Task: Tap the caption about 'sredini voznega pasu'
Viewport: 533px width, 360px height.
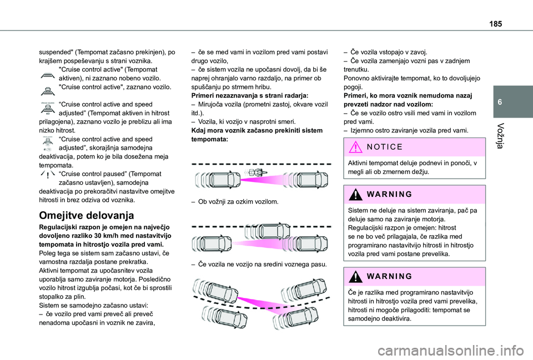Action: [x=258, y=264]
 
